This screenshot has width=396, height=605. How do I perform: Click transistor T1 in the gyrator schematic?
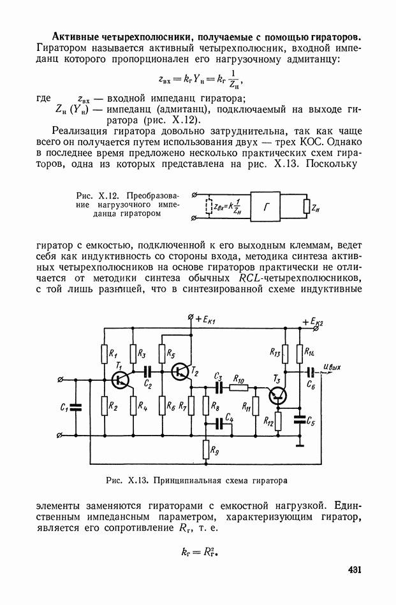(119, 380)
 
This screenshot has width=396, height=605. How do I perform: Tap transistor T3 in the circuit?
(278, 396)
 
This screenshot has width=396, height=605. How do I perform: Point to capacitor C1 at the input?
(75, 407)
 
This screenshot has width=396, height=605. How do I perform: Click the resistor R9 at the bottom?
(205, 450)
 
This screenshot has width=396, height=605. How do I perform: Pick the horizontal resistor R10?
(238, 387)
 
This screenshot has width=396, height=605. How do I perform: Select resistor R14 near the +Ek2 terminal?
(300, 352)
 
